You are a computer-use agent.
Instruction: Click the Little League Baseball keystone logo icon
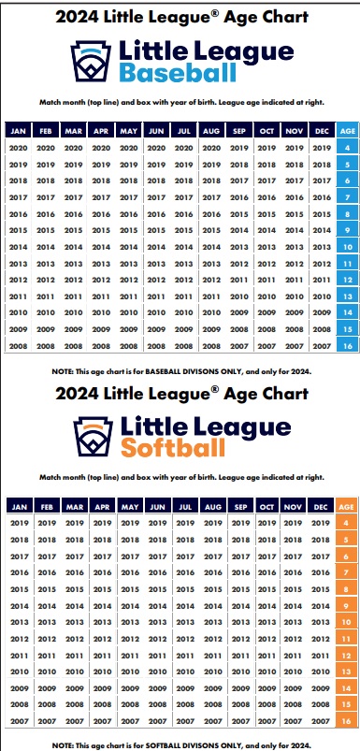tap(91, 62)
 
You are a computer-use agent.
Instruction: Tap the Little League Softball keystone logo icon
tap(93, 437)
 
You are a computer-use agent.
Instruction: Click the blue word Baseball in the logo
tap(178, 73)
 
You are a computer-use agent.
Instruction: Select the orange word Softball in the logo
tap(173, 448)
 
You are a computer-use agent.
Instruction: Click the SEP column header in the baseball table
tap(238, 130)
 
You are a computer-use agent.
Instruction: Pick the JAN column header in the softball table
tap(20, 506)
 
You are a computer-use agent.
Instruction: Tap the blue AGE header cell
tap(348, 130)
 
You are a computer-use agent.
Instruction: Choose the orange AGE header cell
tap(346, 506)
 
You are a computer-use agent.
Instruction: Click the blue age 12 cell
tap(348, 280)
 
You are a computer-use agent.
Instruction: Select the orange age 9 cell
tap(346, 606)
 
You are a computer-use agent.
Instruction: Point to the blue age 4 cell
tap(348, 148)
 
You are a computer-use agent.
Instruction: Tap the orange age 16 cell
tap(346, 721)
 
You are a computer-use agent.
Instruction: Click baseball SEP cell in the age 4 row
tap(238, 148)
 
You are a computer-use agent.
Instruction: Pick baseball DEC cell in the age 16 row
tap(322, 346)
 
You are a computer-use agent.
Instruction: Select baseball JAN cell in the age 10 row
tap(18, 247)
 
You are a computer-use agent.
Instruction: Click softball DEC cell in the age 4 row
tap(321, 523)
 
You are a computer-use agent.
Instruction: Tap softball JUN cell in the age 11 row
tap(157, 639)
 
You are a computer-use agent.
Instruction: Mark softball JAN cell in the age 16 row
tap(20, 721)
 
